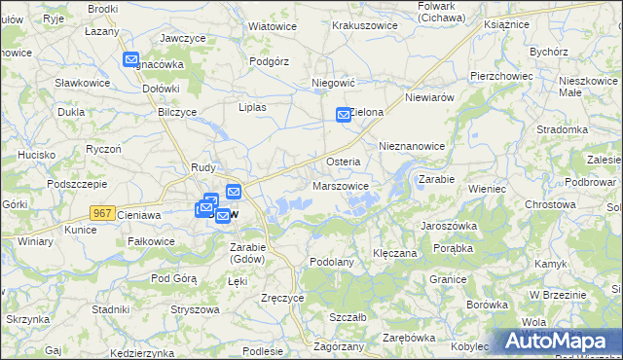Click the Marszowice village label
340,185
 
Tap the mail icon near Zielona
344,115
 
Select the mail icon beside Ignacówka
132,60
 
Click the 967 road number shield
101,212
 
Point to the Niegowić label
331,84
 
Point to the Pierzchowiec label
500,75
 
